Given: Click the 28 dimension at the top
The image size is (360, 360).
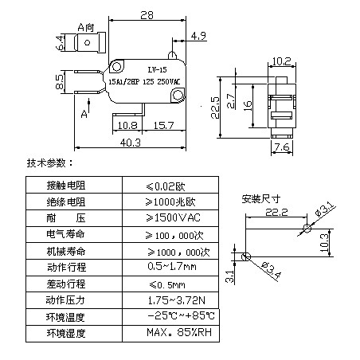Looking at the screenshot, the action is pos(147,15).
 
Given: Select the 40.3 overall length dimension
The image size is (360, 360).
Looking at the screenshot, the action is pos(130,143).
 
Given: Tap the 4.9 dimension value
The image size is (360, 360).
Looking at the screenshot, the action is pos(198,36).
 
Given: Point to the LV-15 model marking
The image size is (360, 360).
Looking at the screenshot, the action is pos(157,70).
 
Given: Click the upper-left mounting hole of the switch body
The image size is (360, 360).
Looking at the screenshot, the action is pos(117,67).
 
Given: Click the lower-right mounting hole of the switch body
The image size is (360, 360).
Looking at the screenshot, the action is pos(178,95).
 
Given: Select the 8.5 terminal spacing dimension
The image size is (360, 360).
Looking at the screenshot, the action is pos(60,82).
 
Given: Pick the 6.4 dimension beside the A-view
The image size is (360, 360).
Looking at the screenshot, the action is pos(60,42).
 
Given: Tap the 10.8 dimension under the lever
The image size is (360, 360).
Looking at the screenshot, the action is pos(127,125).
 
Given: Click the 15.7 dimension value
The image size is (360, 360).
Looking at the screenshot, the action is pos(163,125).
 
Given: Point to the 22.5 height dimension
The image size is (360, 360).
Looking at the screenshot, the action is pos(215,108).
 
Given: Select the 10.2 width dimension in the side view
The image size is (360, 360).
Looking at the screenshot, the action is pos(281,61).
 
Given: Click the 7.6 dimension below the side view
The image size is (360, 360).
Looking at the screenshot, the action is pos(282,147).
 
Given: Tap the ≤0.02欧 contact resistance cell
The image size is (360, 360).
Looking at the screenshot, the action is pos(165,186).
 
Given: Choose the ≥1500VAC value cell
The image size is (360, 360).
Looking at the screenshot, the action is pos(173,218).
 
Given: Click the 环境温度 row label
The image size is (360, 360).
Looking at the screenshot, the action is pos(65,317).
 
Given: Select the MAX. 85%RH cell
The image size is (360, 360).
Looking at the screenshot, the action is pos(179,332).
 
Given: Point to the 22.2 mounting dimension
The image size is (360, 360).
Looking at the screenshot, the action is pos(276,212).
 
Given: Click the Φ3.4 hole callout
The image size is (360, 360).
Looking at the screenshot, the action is pos(271,270).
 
